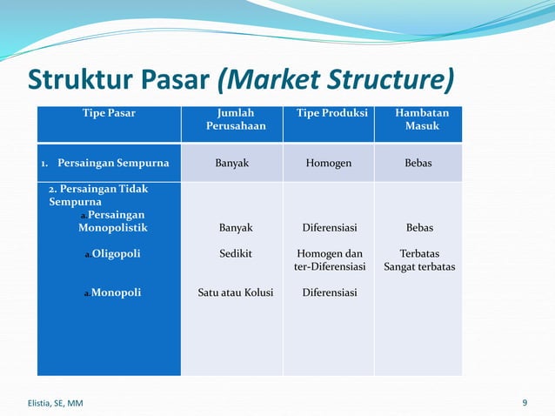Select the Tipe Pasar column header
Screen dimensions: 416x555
click(109, 113)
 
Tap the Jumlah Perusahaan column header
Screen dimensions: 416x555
click(235, 120)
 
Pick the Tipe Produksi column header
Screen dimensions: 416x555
click(331, 113)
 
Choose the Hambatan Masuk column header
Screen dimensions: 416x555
click(422, 120)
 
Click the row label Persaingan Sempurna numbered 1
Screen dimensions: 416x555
click(104, 162)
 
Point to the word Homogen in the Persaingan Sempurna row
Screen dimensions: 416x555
click(329, 162)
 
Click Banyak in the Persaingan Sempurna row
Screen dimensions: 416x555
click(235, 162)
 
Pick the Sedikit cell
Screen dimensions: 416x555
click(235, 253)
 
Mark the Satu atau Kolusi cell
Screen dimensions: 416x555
click(235, 292)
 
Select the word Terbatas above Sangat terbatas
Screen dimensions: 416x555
click(419, 253)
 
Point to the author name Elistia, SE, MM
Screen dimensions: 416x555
click(51, 403)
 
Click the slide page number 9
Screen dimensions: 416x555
click(525, 402)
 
